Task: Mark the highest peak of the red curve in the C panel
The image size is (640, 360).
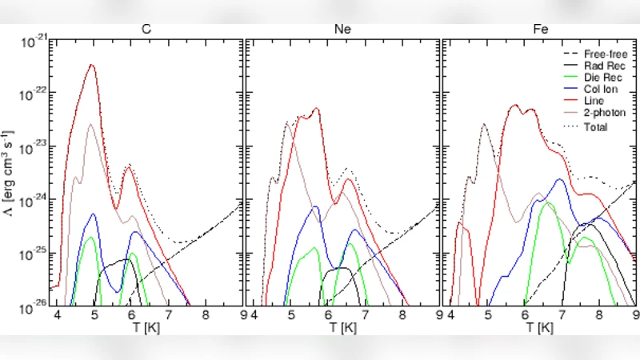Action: [93, 66]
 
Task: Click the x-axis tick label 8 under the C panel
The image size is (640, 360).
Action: [205, 316]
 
